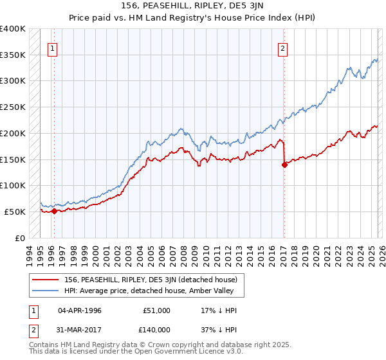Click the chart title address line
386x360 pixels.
click(x=192, y=6)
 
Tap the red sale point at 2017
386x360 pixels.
click(x=284, y=165)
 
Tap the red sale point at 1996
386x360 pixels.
click(x=54, y=211)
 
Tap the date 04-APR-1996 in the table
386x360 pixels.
click(x=80, y=310)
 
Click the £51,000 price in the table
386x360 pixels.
click(x=157, y=310)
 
